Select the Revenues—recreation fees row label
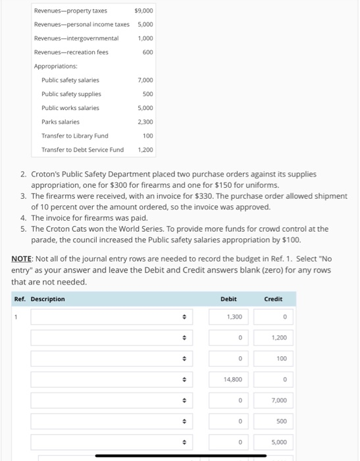click(x=71, y=52)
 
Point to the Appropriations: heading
click(x=56, y=66)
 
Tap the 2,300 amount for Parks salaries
click(x=145, y=122)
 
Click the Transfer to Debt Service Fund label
click(x=82, y=149)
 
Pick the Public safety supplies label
click(x=71, y=94)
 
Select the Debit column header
click(x=228, y=299)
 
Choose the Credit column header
click(x=273, y=299)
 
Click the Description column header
click(x=47, y=299)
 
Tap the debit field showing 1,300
click(x=228, y=317)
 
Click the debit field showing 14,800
click(x=228, y=379)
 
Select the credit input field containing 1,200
click(x=272, y=338)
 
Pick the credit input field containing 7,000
click(x=272, y=400)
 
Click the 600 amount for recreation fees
click(x=147, y=52)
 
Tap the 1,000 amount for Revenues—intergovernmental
click(x=145, y=38)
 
